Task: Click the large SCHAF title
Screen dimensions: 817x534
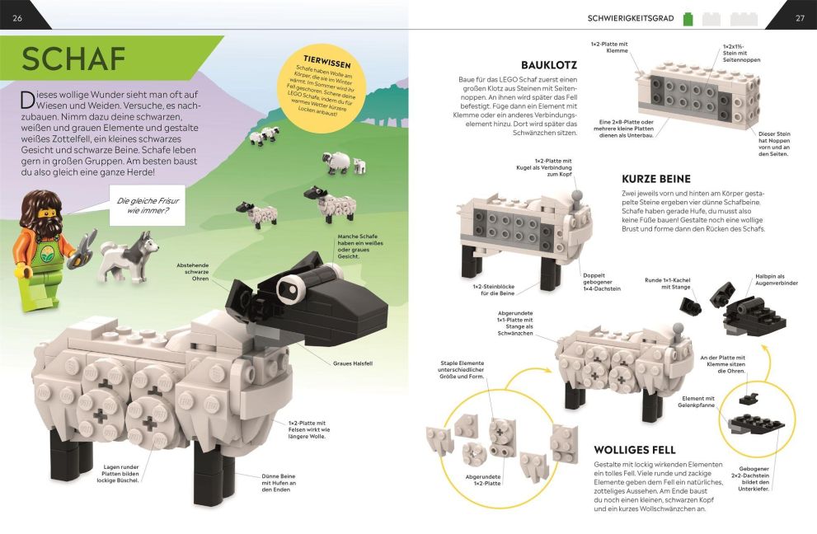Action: [x=73, y=59]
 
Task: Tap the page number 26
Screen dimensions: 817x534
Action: [x=17, y=18]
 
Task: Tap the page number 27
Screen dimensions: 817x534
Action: [x=800, y=18]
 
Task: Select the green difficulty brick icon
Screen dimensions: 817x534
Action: [x=688, y=19]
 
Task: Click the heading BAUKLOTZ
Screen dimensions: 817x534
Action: [x=549, y=65]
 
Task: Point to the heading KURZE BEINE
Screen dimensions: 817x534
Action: [x=656, y=179]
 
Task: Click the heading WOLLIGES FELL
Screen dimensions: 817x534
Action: [x=635, y=450]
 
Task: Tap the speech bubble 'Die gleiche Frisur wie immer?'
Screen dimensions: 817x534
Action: [x=148, y=205]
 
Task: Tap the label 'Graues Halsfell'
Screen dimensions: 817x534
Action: [x=353, y=363]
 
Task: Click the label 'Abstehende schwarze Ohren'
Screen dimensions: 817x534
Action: [x=192, y=272]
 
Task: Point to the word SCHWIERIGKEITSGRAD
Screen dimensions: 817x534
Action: [x=631, y=19]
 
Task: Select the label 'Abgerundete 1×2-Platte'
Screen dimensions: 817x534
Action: [x=483, y=480]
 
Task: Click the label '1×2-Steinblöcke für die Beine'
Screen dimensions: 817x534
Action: [x=494, y=290]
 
